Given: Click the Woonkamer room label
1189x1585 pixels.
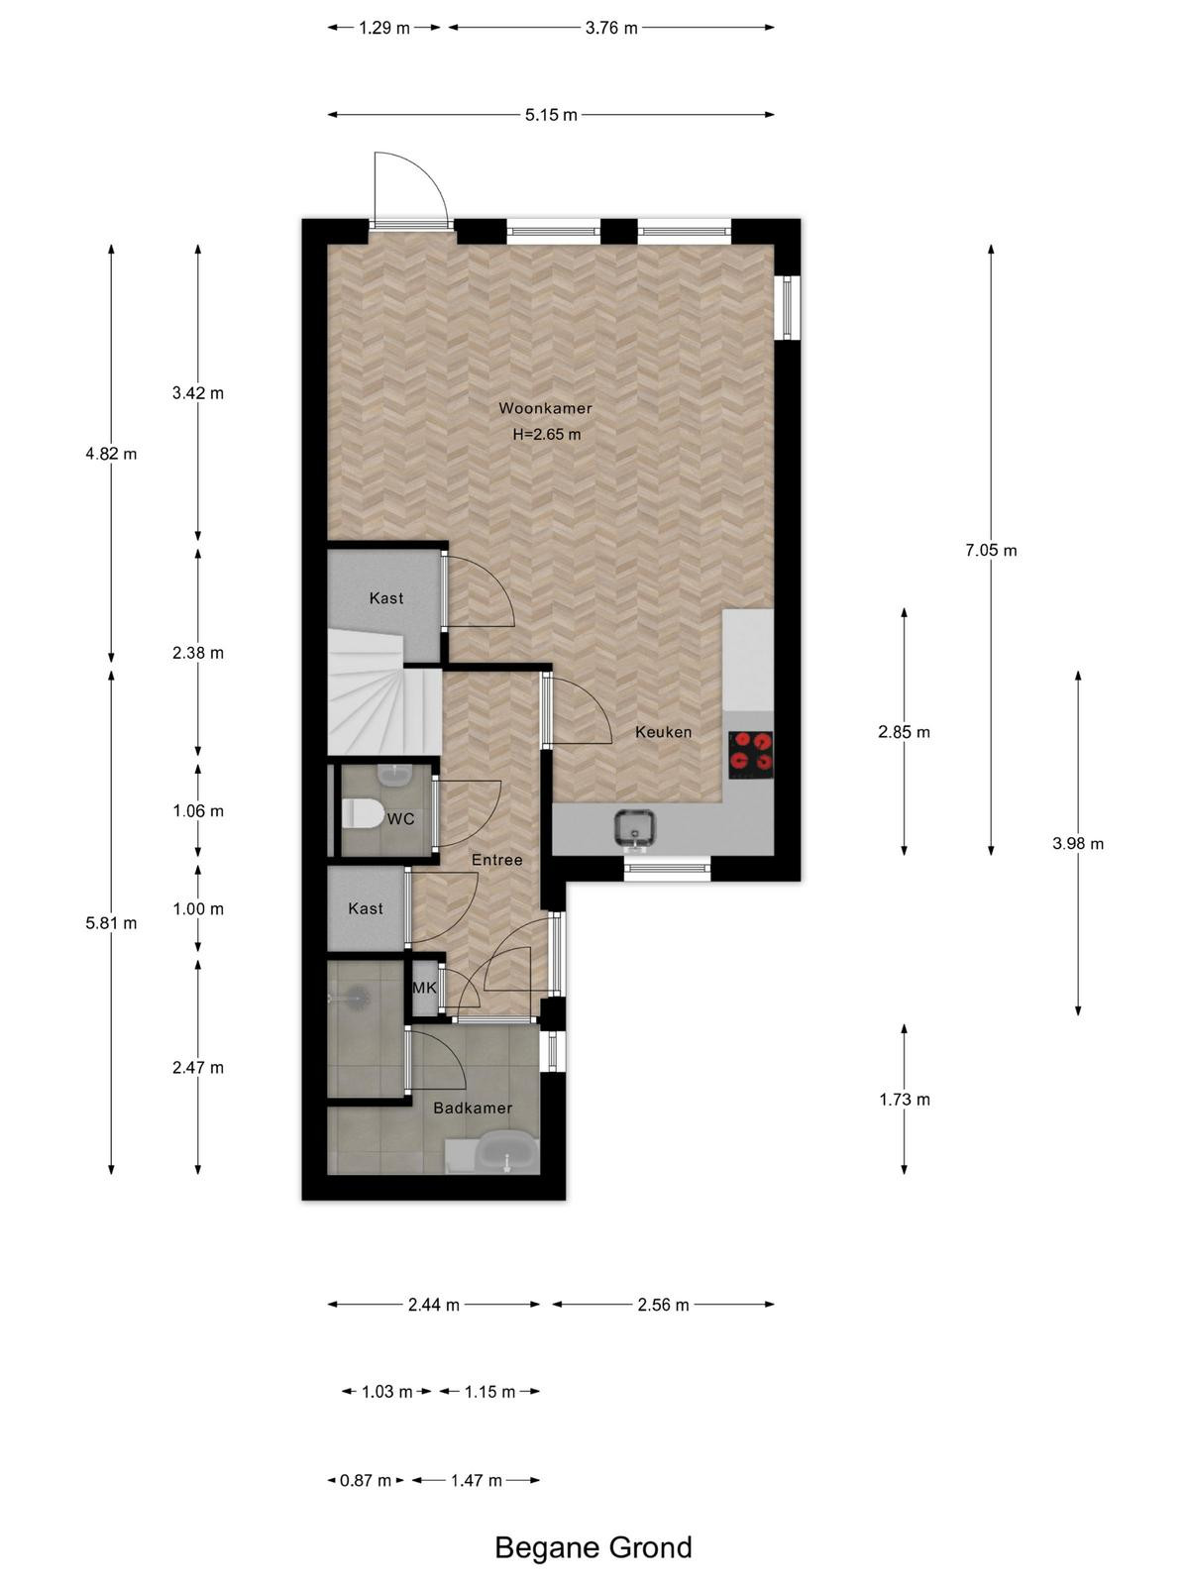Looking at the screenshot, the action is click(x=545, y=408).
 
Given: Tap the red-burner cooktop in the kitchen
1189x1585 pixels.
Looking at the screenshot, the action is click(x=750, y=755).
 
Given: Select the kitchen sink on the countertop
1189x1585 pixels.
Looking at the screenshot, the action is click(x=634, y=827).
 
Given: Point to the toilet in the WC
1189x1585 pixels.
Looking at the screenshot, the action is click(x=362, y=813).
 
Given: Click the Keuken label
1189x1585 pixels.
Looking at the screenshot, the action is click(x=664, y=732).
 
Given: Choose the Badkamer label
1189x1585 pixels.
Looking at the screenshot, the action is click(x=473, y=1108).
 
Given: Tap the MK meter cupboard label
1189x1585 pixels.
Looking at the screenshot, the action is click(x=424, y=987).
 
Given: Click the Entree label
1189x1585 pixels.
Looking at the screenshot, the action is click(x=496, y=860).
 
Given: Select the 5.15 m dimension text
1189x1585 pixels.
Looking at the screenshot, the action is click(x=551, y=115).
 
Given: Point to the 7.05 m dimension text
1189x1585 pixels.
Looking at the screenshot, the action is click(x=991, y=550).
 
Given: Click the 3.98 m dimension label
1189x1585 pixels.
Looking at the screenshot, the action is click(x=1078, y=843).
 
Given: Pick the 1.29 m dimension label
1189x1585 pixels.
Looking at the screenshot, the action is click(x=384, y=28).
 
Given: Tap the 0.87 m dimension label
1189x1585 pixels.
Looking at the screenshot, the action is click(x=366, y=1481).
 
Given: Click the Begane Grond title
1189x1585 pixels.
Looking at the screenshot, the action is click(x=594, y=1547).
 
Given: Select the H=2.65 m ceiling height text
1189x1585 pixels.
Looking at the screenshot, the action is click(x=547, y=435).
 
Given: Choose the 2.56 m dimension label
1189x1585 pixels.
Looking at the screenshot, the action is click(x=664, y=1305).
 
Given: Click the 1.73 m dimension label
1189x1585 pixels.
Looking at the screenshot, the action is click(x=905, y=1100).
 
